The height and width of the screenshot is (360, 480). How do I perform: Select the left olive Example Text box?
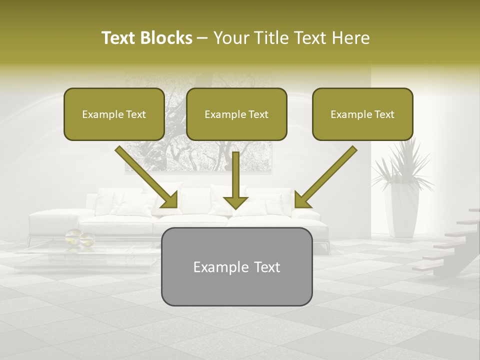click(114, 114)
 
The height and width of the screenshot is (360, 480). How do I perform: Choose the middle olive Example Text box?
click(236, 114)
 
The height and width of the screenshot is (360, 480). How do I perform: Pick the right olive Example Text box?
click(362, 114)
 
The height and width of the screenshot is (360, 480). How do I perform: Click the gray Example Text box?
click(236, 267)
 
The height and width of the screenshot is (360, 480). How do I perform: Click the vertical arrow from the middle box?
click(236, 175)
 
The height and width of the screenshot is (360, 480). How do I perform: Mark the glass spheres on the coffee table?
click(79, 237)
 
